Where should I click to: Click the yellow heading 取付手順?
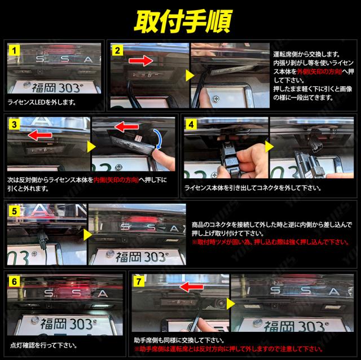pos(183,21)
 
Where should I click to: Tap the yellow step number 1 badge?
pos(14,50)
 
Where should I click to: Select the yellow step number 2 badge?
pos(117,50)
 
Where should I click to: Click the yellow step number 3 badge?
pos(14,125)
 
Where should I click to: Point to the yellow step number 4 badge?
pos(191,125)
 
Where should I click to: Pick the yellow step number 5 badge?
pos(14,211)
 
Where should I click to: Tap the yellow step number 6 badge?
pos(14,282)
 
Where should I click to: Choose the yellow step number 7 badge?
pos(139,282)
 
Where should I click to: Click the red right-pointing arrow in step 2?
pos(140,61)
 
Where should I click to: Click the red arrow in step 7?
pos(191,287)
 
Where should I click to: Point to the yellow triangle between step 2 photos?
pos(190,75)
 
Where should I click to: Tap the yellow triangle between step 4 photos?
pos(269,147)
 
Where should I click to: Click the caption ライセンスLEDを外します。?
pos(42,102)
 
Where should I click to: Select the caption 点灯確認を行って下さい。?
pos(43,345)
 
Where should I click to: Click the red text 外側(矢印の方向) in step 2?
pos(319,72)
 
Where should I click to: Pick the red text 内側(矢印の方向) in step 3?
pos(116,179)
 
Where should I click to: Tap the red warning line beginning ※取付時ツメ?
pos(271,242)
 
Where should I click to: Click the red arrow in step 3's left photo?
pos(39,135)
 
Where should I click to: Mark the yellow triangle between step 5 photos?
pos(88,235)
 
